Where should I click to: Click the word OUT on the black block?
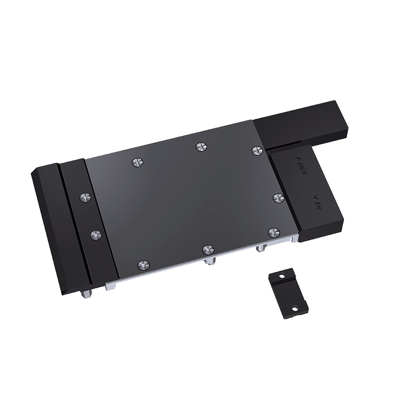pos(303,170)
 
